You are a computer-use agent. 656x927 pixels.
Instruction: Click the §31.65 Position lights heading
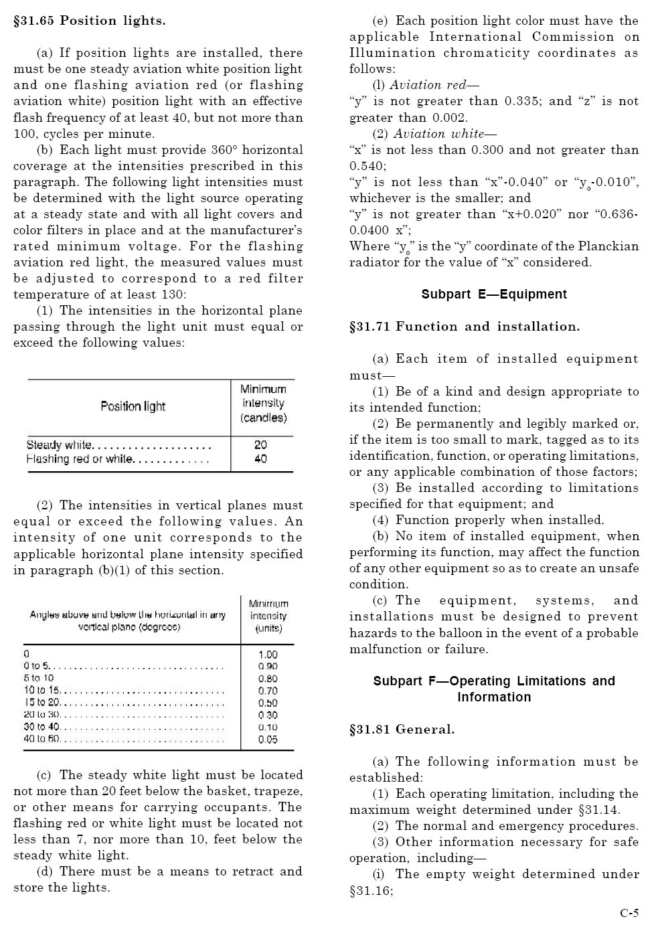[x=90, y=21]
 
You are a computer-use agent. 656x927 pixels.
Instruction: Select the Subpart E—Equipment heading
[x=494, y=294]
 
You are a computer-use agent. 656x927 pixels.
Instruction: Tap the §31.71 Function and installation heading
[x=465, y=327]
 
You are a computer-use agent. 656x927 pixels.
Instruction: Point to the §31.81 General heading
[x=402, y=730]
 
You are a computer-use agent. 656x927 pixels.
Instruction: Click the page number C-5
[x=629, y=913]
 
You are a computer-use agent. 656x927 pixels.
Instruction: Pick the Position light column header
[x=133, y=406]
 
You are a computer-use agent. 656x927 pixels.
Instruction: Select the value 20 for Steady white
[x=260, y=445]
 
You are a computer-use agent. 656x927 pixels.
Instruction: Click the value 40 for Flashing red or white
[x=260, y=459]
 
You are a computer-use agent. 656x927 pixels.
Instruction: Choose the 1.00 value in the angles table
[x=268, y=655]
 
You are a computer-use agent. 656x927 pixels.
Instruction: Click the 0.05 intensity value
[x=268, y=740]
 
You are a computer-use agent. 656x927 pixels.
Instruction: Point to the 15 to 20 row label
[x=42, y=703]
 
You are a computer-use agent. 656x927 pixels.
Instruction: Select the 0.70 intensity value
[x=268, y=691]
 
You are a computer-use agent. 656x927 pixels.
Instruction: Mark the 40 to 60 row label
[x=42, y=739]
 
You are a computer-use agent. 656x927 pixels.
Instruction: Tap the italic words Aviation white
[x=438, y=134]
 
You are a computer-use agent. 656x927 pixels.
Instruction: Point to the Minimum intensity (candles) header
[x=263, y=404]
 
